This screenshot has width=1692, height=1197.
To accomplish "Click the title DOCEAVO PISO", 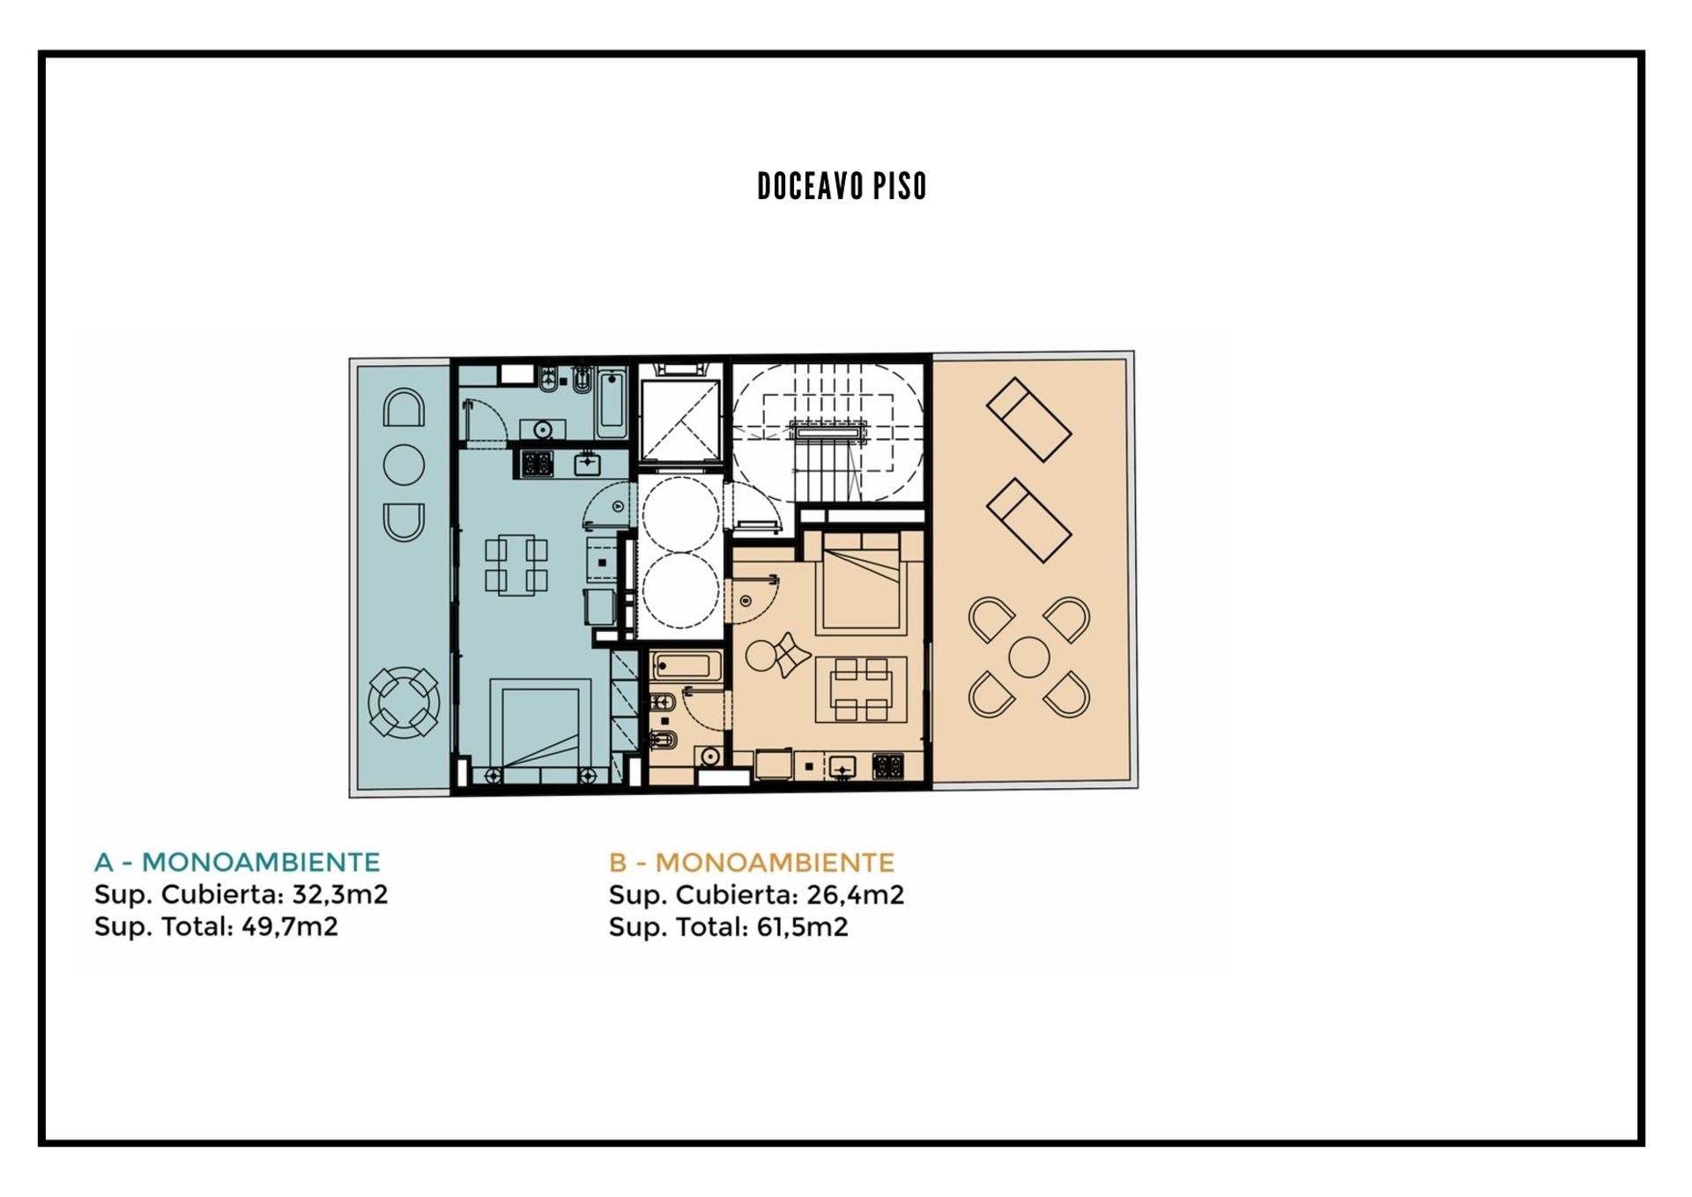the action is (842, 186).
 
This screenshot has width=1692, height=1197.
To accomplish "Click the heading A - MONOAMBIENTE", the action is (237, 862).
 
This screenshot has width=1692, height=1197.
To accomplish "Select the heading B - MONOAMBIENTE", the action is (752, 862).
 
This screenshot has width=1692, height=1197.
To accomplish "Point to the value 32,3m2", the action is (340, 895).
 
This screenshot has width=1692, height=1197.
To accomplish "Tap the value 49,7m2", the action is (290, 926).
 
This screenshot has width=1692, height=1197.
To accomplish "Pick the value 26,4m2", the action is (856, 895).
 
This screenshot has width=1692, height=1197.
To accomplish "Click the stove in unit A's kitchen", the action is (536, 464).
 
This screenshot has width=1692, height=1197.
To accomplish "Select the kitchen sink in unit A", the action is (588, 463).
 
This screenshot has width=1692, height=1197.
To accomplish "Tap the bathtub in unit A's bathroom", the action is (612, 404).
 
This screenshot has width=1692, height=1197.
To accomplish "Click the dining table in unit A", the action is (516, 565).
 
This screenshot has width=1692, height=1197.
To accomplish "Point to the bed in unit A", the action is (540, 728).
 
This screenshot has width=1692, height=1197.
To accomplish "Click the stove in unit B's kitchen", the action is (887, 766).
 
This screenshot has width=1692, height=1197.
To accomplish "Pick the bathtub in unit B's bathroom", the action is (686, 666).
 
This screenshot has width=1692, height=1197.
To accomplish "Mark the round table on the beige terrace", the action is (1028, 658).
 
